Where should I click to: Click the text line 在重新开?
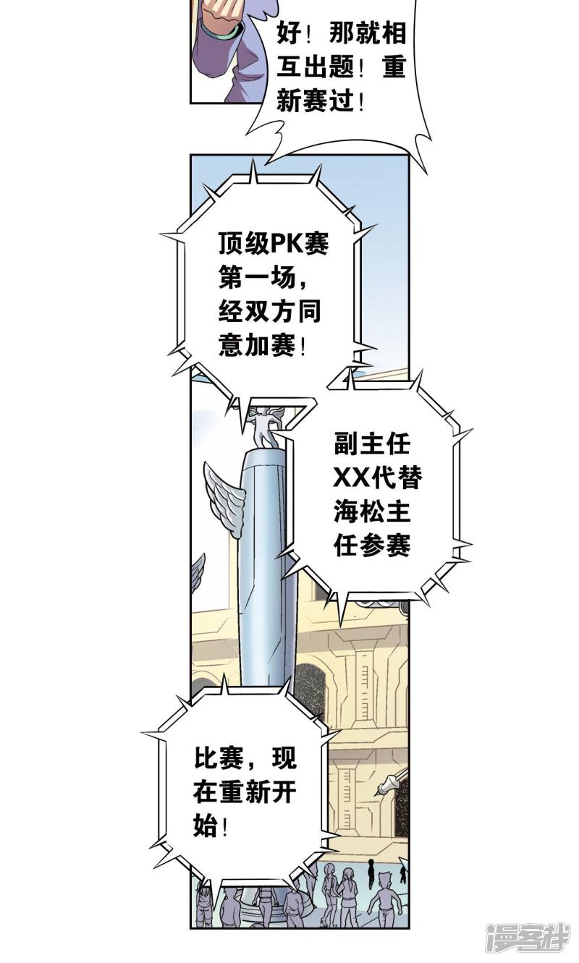[245, 792]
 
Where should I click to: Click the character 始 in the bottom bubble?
[206, 826]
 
